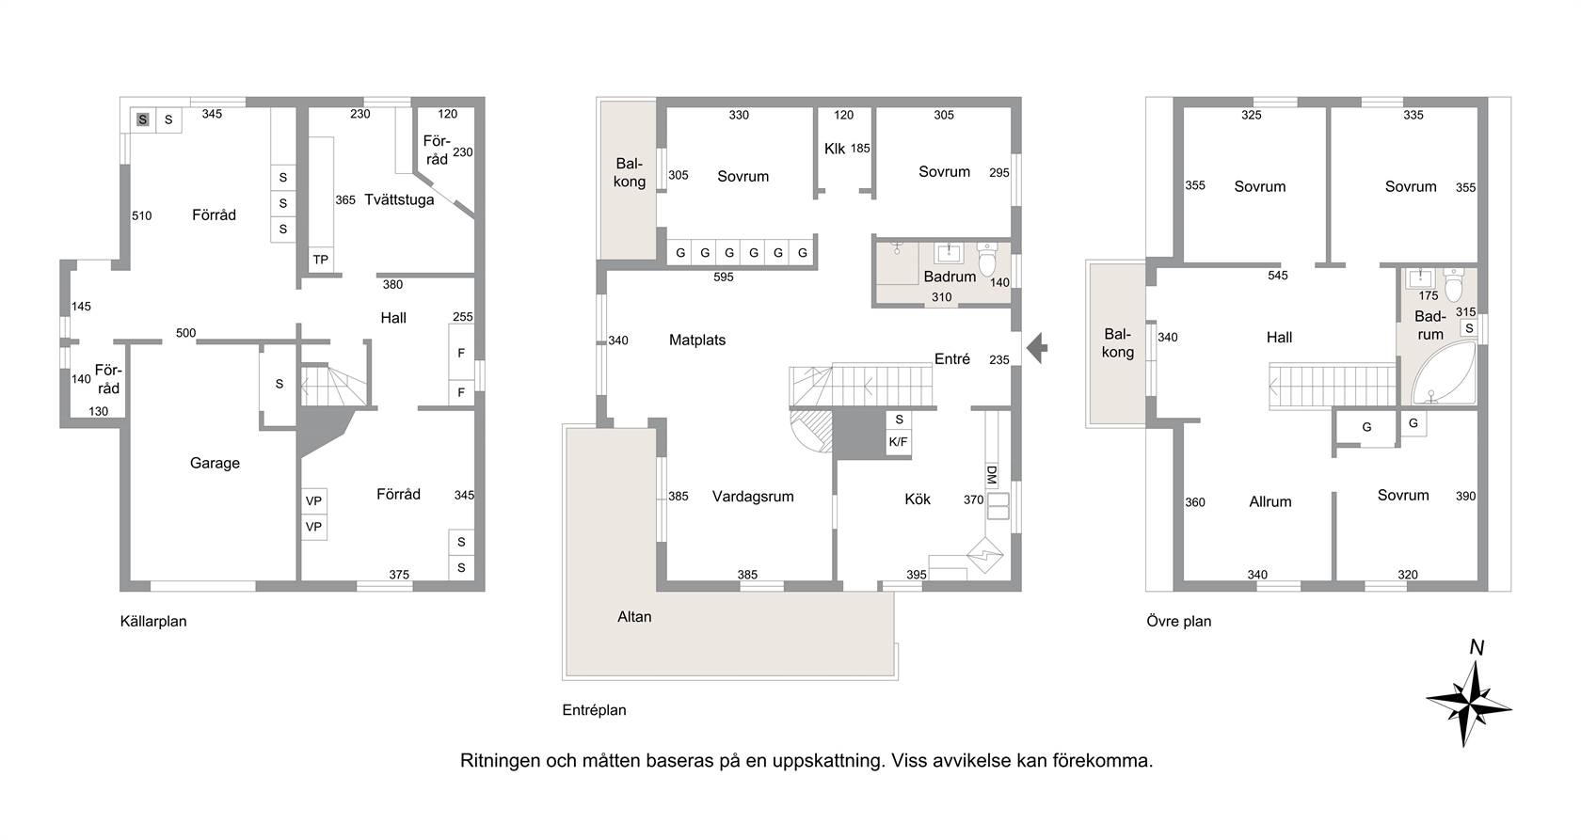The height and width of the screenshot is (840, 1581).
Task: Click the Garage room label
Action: (x=215, y=464)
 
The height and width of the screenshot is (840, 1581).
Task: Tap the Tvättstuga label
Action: (x=399, y=199)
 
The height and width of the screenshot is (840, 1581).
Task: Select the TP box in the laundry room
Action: (x=320, y=260)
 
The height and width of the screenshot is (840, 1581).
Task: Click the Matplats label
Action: (x=697, y=340)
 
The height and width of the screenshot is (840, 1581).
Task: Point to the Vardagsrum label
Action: (x=753, y=497)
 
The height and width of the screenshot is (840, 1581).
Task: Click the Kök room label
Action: (x=918, y=499)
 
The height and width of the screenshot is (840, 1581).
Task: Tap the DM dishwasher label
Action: (x=992, y=475)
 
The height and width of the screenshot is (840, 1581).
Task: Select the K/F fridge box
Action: (x=899, y=442)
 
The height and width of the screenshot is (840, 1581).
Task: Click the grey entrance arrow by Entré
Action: (x=1037, y=348)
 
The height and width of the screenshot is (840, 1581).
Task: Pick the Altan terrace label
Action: (x=634, y=617)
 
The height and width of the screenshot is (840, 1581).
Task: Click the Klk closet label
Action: (x=834, y=149)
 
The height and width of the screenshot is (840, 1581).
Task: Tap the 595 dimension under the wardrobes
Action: (x=724, y=277)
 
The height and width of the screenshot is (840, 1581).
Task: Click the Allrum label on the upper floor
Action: (x=1270, y=502)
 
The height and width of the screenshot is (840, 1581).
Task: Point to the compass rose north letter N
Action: (x=1476, y=647)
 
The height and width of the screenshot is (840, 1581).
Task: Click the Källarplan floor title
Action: (x=153, y=622)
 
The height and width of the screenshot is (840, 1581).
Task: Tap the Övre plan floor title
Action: (x=1178, y=622)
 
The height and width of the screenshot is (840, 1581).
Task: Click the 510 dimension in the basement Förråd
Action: (x=142, y=215)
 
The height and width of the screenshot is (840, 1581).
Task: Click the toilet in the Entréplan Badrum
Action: (x=986, y=259)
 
